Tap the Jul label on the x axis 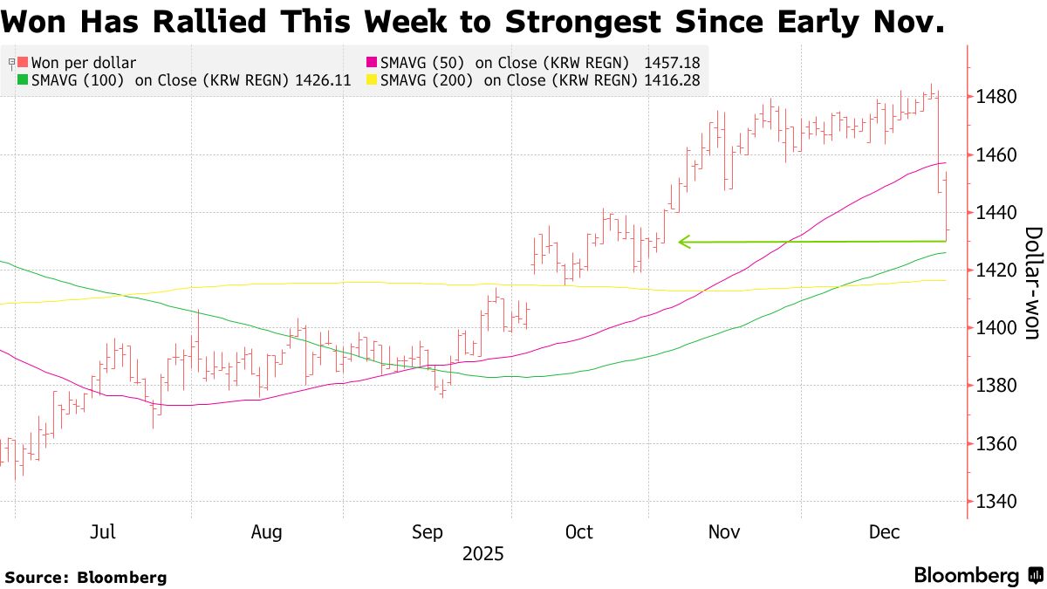click(x=104, y=532)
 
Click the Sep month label click(x=428, y=532)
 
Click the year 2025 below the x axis click(x=483, y=554)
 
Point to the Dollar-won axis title click(x=1032, y=283)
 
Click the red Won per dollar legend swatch click(x=24, y=63)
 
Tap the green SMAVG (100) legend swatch click(x=24, y=80)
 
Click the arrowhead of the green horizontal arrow click(x=683, y=242)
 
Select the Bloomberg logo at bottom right click(x=977, y=576)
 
